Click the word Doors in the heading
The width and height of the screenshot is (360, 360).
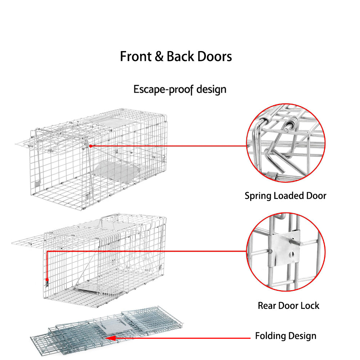[215, 57]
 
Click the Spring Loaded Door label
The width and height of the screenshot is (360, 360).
[285, 196]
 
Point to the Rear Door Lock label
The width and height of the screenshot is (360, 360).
[288, 306]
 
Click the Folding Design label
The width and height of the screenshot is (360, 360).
[285, 336]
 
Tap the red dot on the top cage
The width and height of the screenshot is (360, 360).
[91, 146]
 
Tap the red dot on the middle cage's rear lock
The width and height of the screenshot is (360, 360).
[47, 279]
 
